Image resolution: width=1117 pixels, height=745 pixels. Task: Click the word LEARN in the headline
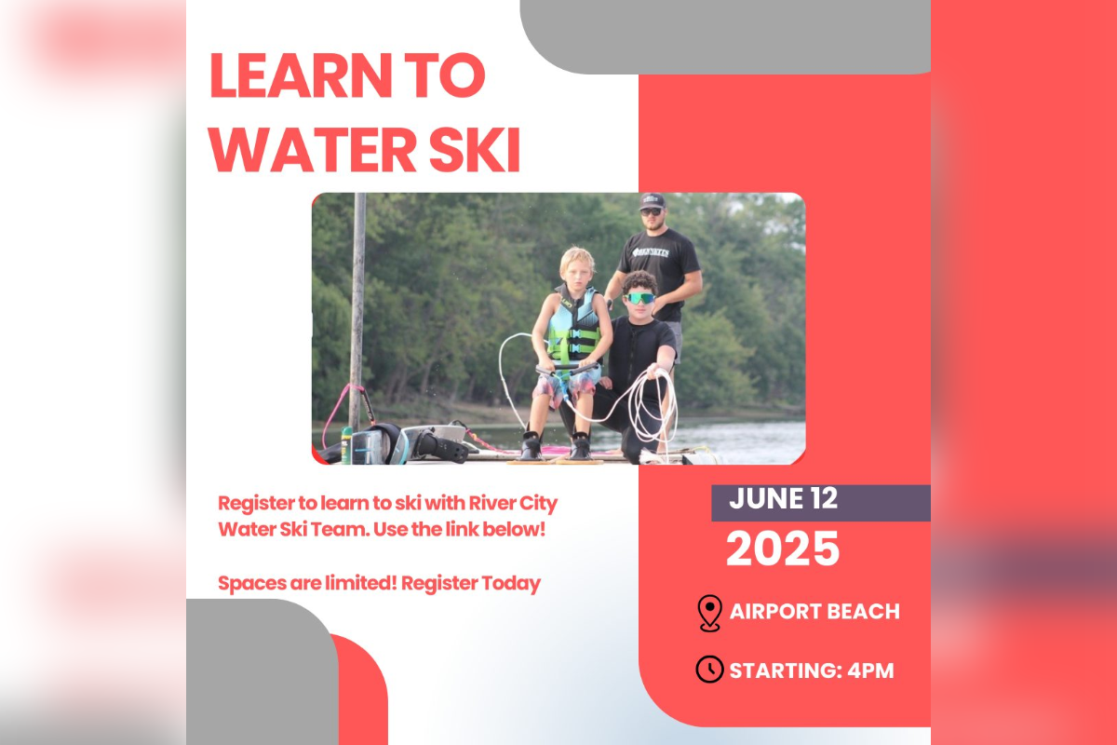click(302, 74)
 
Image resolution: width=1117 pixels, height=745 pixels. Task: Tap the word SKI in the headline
click(475, 150)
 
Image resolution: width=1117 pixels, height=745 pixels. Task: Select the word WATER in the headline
click(312, 150)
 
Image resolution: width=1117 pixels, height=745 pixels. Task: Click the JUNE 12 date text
click(783, 498)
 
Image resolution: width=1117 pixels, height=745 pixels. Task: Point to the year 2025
click(783, 549)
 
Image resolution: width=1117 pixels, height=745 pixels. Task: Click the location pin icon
click(709, 613)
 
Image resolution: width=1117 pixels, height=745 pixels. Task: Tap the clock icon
click(709, 670)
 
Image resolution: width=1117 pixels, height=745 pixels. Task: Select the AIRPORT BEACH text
click(814, 612)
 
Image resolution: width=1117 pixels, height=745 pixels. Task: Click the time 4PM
click(870, 670)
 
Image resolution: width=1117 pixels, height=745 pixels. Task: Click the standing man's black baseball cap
click(653, 201)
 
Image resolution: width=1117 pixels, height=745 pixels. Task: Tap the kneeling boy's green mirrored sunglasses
click(640, 298)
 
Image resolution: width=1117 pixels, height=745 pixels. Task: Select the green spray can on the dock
click(346, 445)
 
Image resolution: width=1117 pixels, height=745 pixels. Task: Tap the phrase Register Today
click(471, 583)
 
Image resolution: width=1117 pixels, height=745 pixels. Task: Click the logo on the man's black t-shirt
click(651, 252)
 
